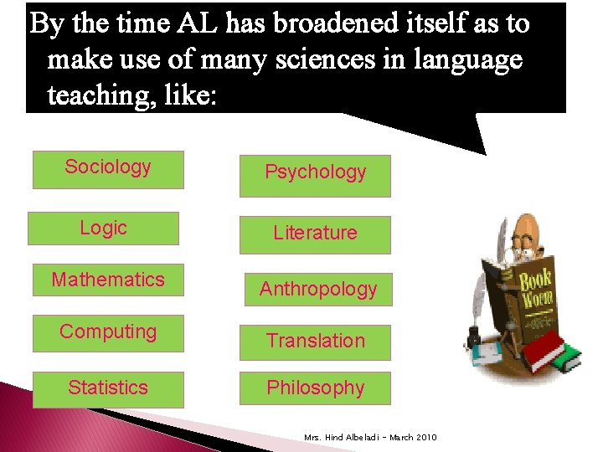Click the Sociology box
pos(108,169)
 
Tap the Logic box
pos(103,229)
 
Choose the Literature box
pos(315,234)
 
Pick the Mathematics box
pos(108,280)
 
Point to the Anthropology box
pos(317,290)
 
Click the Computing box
pos(108,332)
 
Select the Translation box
pos(315,342)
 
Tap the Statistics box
pos(108,388)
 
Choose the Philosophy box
pos(315,388)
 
